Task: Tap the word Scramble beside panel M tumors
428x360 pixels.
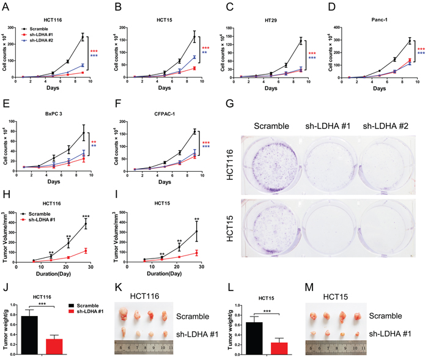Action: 385,317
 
